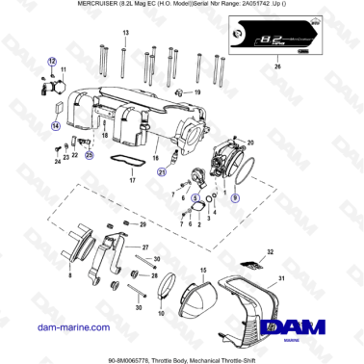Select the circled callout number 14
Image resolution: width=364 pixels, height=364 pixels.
[56, 125]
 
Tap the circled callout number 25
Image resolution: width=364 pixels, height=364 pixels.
[90, 154]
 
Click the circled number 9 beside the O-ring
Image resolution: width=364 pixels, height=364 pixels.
[235, 197]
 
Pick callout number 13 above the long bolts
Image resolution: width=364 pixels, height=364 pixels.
[125, 33]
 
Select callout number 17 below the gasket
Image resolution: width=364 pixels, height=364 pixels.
[131, 179]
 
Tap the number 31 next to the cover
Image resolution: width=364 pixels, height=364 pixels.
[282, 280]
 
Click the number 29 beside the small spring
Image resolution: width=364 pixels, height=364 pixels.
[142, 223]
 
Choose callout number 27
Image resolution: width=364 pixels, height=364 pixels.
[145, 247]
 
